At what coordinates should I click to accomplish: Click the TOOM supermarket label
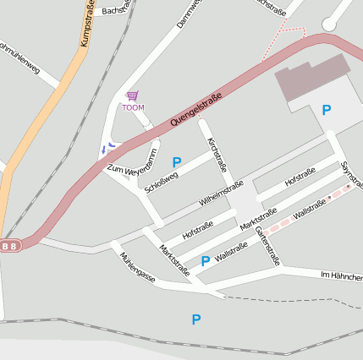(x=133, y=107)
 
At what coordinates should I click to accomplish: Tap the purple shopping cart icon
(x=132, y=95)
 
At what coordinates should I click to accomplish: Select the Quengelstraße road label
(x=195, y=111)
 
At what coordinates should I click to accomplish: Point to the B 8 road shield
(x=9, y=246)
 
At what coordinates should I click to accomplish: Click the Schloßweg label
(x=161, y=181)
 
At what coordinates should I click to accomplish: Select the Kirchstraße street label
(x=217, y=154)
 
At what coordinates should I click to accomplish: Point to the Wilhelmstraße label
(x=221, y=194)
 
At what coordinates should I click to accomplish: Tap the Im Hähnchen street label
(x=341, y=276)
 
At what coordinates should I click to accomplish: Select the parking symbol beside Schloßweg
(x=177, y=162)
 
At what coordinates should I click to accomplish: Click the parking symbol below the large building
(x=327, y=110)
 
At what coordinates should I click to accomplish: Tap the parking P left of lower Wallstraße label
(x=205, y=261)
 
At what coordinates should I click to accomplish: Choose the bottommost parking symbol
(x=196, y=319)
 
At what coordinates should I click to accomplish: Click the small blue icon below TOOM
(x=107, y=148)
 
